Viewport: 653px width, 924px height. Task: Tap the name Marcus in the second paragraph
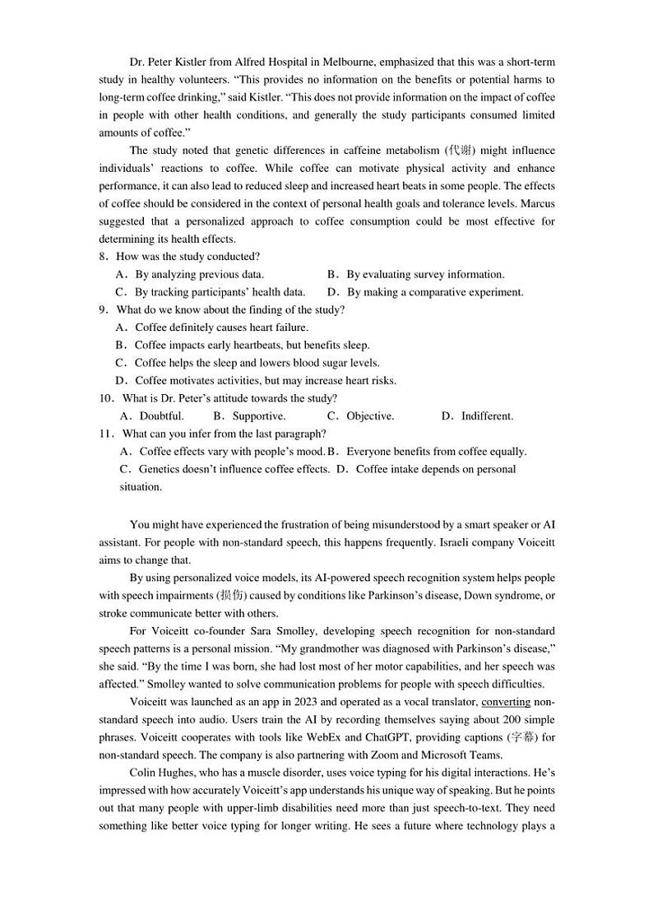535,204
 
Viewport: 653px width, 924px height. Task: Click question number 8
104,257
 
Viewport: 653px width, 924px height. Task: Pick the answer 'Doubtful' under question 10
161,416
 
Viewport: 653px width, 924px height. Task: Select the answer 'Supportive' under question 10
258,416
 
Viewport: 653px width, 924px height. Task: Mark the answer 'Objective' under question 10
369,416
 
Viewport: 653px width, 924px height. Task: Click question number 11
105,434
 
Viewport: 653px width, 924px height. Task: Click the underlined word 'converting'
506,702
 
